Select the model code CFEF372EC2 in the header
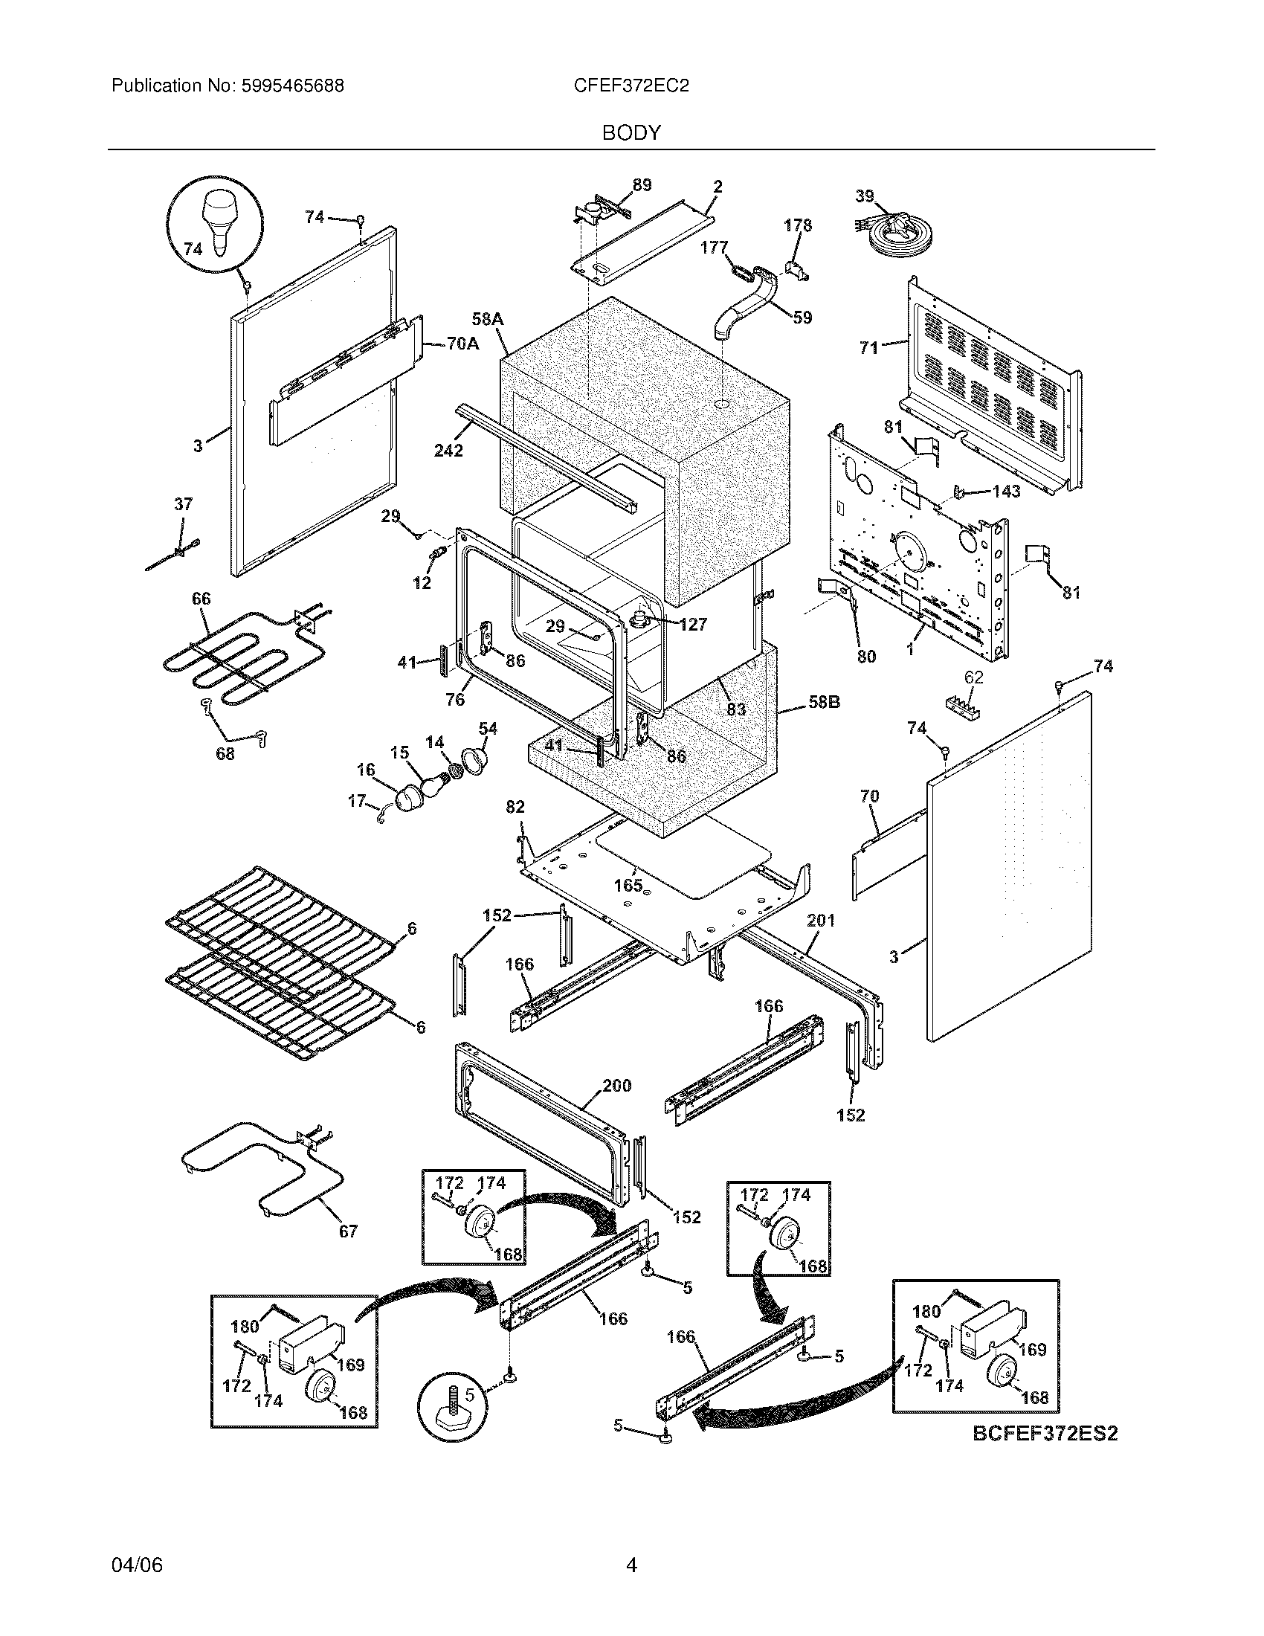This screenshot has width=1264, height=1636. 631,86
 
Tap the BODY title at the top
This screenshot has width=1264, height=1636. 631,133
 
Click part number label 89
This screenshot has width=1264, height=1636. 642,185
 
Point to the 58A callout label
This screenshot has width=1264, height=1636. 488,320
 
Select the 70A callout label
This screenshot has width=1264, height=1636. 462,344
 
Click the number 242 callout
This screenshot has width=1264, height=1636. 448,450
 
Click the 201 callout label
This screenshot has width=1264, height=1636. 821,920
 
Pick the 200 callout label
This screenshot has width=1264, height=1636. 616,1086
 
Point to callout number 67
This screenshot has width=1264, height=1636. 348,1231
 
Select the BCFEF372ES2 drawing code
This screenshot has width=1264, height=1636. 1045,1434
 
